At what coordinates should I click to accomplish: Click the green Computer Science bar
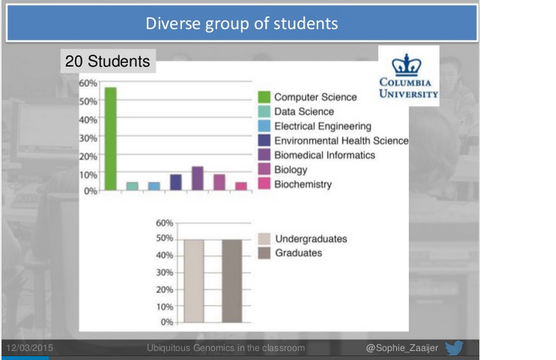coord(111,139)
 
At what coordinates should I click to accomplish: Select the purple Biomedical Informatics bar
coord(197,178)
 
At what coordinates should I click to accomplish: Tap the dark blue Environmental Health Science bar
coord(176,182)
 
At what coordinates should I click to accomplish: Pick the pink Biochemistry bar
coord(241,186)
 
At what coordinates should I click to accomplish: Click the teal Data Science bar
coord(132,186)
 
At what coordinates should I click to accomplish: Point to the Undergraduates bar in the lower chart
coord(194,281)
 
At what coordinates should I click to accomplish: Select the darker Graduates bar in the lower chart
coord(232,281)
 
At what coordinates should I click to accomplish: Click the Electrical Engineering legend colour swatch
coord(264,126)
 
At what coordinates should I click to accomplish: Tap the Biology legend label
coord(291,170)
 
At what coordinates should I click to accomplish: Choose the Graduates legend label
coord(299,253)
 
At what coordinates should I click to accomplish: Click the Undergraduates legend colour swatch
coord(264,238)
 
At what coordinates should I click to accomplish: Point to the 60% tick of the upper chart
coord(88,83)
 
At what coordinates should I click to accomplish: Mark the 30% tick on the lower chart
coord(165,273)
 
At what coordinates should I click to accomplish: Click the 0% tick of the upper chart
coord(90,191)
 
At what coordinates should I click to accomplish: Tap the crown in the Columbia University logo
coord(406,65)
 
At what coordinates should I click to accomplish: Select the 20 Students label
coord(107,61)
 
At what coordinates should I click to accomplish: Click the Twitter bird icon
coord(454,348)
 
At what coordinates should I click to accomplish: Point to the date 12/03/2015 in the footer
coord(30,348)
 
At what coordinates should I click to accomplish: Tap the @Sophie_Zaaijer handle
coord(402,348)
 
